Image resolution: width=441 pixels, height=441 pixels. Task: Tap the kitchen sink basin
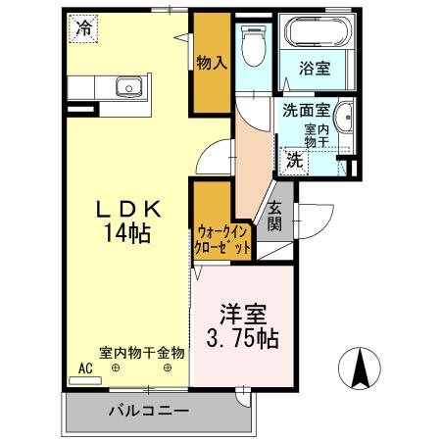click(x=128, y=86)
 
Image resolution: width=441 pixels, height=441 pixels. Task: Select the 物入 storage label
click(x=212, y=64)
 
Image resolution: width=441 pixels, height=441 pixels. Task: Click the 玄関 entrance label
click(x=275, y=217)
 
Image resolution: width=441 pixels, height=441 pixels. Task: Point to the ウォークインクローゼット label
click(x=224, y=239)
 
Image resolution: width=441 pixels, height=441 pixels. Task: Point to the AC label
click(x=85, y=369)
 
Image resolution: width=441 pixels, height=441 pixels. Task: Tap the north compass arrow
click(x=361, y=370)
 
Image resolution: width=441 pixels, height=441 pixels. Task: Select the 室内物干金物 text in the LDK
click(x=141, y=352)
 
